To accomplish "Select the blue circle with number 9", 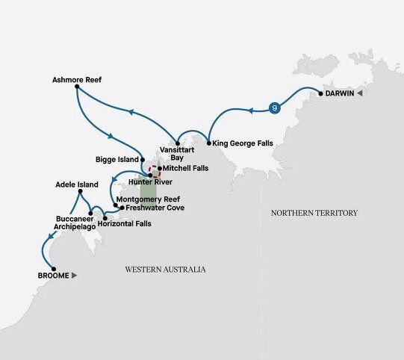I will pos(276,108).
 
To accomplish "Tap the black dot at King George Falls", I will pos(208,142).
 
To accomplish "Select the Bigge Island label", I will pos(117,159).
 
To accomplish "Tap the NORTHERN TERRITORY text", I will pos(314,213).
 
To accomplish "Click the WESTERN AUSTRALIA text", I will pos(165,269).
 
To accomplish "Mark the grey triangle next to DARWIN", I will pos(359,94).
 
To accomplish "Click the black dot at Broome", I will pos(54,269).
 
